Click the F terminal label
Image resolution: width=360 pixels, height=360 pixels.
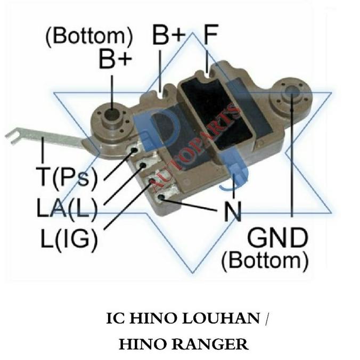[x=211, y=37]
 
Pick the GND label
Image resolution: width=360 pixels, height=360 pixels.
[x=277, y=238]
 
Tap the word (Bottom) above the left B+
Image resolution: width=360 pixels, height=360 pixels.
[x=89, y=36]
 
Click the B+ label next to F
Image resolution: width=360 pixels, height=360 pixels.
[x=169, y=36]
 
